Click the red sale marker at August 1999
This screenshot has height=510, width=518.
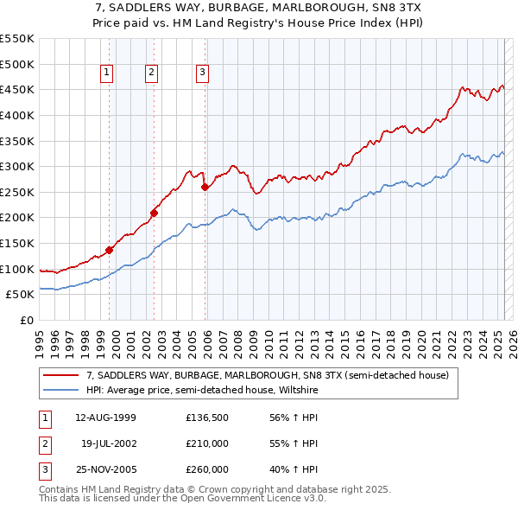pyautogui.click(x=109, y=250)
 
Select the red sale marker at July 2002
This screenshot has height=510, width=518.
pyautogui.click(x=154, y=212)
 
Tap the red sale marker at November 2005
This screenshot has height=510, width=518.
pyautogui.click(x=205, y=187)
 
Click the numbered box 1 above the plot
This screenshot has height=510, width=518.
pyautogui.click(x=106, y=73)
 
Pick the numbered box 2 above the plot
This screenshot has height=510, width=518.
pyautogui.click(x=151, y=73)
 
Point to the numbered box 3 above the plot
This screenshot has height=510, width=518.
pyautogui.click(x=202, y=73)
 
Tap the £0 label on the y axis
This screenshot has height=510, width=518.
pyautogui.click(x=28, y=320)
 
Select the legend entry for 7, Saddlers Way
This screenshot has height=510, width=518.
pyautogui.click(x=267, y=376)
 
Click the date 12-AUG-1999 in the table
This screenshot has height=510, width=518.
pyautogui.click(x=106, y=418)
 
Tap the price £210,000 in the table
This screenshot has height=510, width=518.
pyautogui.click(x=207, y=443)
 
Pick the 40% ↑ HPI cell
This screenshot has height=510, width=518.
pyautogui.click(x=294, y=469)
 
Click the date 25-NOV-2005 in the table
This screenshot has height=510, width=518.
pyautogui.click(x=106, y=469)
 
